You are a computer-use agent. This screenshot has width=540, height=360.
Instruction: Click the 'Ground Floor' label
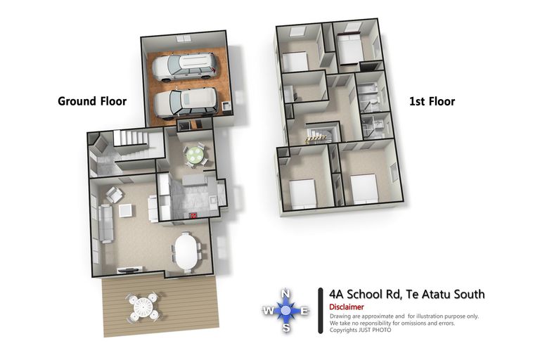pos(91,101)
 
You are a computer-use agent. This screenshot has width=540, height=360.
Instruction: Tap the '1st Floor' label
pos(432,101)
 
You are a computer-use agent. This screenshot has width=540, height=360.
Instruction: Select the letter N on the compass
pos(285,294)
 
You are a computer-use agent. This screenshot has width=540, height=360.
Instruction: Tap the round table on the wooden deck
pos(143,308)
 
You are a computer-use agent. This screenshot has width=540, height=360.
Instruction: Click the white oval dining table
pos(186,250)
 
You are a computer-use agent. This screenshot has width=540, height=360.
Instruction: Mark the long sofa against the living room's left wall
pos(104,222)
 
